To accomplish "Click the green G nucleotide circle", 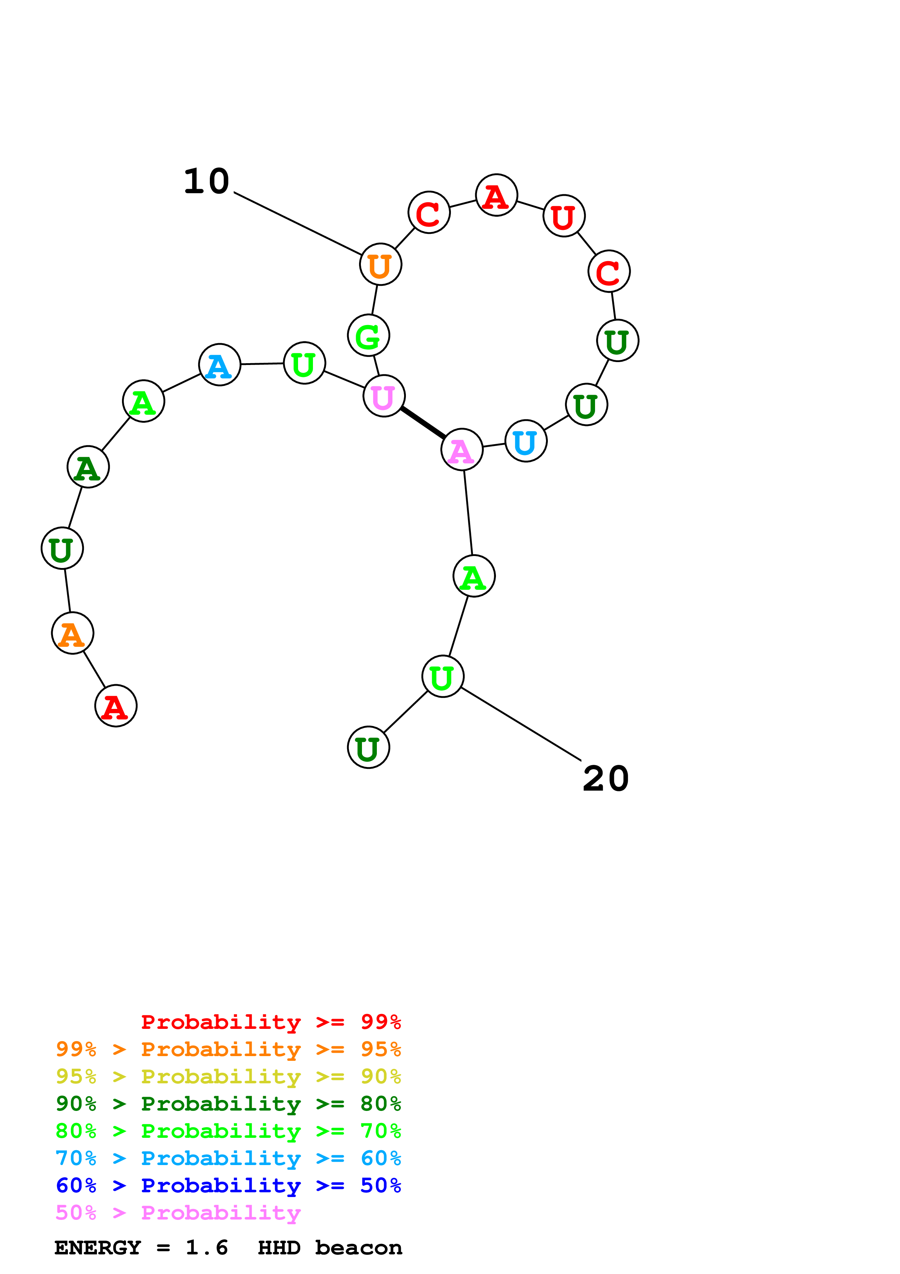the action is [x=368, y=335].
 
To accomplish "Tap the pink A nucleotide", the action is [x=461, y=450].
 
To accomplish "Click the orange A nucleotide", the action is [x=72, y=633].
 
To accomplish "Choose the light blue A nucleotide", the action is [x=220, y=365].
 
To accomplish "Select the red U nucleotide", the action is [x=564, y=216].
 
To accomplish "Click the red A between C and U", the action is [x=496, y=195].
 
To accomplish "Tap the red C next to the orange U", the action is [x=429, y=212].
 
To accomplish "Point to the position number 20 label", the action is [x=606, y=779].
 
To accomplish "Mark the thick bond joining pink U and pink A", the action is [x=423, y=423].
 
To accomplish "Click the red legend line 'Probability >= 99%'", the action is [x=270, y=1022].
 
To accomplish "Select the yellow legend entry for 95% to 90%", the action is [x=228, y=1076].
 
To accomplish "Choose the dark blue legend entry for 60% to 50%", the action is [x=228, y=1185].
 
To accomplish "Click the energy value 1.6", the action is [x=206, y=1247].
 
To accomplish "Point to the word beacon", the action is [x=358, y=1247].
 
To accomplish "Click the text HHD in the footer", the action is [x=279, y=1247].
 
